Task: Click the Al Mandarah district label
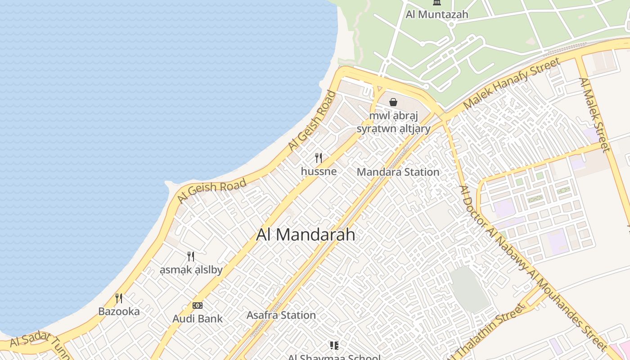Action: click(306, 234)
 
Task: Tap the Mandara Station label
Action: click(398, 172)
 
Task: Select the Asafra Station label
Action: click(281, 315)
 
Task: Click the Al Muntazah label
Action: click(437, 14)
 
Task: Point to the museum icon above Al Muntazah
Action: click(437, 3)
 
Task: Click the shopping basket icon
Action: click(393, 102)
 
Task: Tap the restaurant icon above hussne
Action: click(319, 157)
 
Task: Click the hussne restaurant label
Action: click(319, 171)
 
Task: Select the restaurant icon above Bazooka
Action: click(119, 298)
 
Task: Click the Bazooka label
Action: click(119, 311)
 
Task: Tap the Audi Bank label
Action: click(198, 319)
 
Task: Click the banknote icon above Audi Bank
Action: click(198, 306)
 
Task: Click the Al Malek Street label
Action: click(594, 115)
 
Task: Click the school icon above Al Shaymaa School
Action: click(334, 346)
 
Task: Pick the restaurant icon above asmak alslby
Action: click(191, 256)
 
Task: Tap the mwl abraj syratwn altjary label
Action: click(393, 122)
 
